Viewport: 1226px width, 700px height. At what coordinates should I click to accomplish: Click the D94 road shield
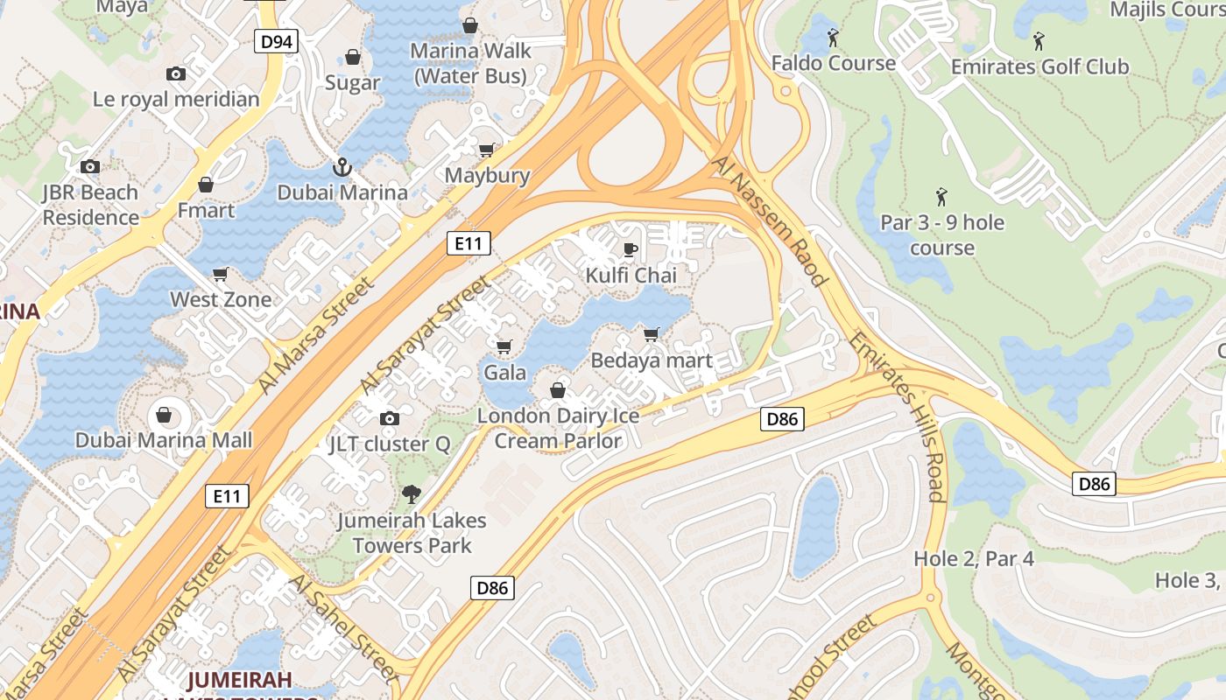tap(277, 41)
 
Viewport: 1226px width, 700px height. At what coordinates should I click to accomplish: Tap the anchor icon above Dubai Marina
tap(342, 165)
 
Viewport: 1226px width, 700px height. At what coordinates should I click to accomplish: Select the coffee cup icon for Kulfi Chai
tap(630, 250)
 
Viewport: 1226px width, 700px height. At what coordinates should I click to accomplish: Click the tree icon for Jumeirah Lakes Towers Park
tap(411, 494)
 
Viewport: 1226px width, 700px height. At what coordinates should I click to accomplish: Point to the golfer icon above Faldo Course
tap(833, 38)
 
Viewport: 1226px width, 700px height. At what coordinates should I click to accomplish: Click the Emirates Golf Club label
tap(1039, 66)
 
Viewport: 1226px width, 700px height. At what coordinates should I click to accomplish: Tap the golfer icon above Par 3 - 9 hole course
tap(941, 196)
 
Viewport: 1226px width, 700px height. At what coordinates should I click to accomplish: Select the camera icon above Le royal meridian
tap(176, 74)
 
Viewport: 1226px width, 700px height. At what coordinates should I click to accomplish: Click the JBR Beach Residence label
tap(90, 205)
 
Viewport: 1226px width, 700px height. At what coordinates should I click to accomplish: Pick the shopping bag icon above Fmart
tap(206, 185)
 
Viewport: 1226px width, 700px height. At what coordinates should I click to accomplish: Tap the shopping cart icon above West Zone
tap(221, 274)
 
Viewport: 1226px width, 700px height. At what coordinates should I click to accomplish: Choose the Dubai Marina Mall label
tap(164, 440)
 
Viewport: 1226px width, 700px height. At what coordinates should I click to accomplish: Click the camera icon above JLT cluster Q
tap(390, 418)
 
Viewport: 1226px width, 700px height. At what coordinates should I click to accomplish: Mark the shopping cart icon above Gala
tap(504, 347)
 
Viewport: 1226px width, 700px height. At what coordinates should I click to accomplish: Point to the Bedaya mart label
tap(652, 360)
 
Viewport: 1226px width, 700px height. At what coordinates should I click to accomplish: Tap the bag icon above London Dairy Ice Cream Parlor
tap(558, 390)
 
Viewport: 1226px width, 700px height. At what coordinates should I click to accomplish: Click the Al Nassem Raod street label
tap(770, 222)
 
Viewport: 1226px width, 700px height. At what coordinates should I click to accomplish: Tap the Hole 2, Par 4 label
tap(973, 558)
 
